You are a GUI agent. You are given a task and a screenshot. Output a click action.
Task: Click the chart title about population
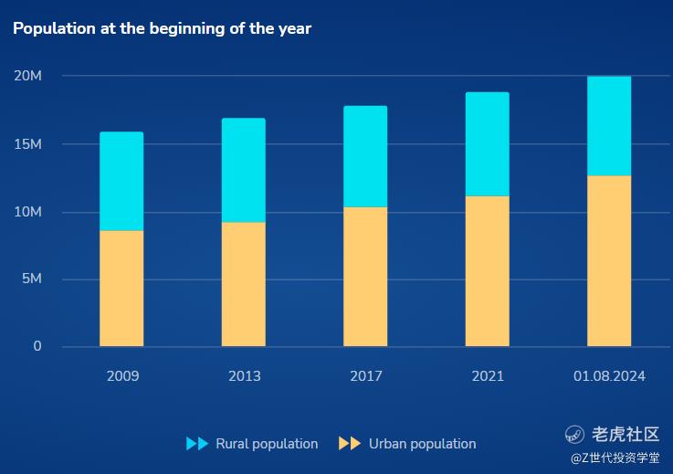[x=162, y=28]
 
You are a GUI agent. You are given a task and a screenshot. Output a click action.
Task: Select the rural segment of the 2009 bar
[x=121, y=181]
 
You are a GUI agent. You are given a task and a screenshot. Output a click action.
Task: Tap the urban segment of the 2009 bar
[x=121, y=288]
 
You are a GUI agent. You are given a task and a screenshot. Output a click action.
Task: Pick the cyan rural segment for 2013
[x=243, y=170]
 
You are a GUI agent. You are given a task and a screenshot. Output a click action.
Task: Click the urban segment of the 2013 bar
[x=243, y=284]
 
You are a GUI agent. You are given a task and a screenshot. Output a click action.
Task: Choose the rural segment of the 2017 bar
[x=365, y=156]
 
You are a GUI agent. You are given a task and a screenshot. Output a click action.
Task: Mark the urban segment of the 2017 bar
[x=365, y=277]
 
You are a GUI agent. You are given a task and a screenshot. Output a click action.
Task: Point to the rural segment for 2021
[x=487, y=144]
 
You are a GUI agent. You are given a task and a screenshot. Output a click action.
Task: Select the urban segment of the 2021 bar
[x=487, y=271]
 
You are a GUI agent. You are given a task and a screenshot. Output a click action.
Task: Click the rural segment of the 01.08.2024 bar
[x=609, y=126]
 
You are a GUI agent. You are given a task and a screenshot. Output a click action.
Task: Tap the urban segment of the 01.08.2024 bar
[x=609, y=260]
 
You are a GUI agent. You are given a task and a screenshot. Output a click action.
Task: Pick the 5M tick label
[x=32, y=279]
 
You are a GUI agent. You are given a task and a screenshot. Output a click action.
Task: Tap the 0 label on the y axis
[x=37, y=346]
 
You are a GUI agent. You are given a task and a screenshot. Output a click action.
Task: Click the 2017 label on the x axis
[x=366, y=376]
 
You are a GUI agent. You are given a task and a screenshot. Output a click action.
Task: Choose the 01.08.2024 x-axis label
[x=609, y=376]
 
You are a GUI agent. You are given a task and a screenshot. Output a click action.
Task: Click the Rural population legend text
[x=267, y=444]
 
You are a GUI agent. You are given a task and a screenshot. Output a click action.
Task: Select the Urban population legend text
[x=422, y=444]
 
